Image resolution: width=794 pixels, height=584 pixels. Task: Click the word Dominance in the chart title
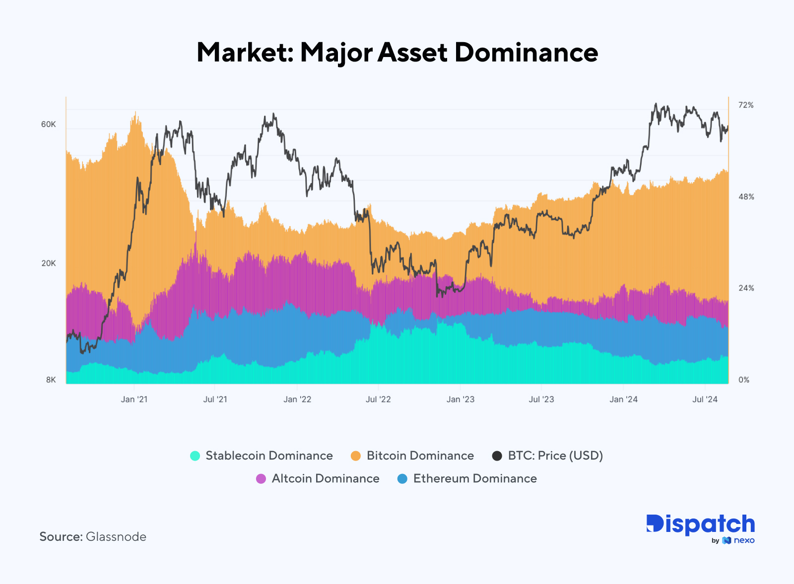526,53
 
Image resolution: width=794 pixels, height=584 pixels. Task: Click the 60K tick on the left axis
49,124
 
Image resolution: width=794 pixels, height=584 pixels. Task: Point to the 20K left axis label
49,263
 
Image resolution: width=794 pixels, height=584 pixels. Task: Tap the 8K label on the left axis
51,380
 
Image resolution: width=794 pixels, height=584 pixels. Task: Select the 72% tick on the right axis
746,105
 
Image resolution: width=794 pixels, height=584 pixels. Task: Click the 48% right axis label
746,197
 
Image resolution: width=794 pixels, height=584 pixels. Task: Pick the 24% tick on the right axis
746,288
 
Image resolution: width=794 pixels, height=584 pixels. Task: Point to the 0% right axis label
744,380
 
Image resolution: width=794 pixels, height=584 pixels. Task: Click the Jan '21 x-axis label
134,400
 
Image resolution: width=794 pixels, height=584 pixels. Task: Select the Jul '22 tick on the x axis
378,400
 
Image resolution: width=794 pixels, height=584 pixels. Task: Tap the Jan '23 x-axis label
461,400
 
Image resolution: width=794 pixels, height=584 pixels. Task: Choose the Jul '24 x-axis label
705,400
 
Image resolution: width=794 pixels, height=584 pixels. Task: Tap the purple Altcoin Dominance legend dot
261,479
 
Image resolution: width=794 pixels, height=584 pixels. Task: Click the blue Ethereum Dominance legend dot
402,479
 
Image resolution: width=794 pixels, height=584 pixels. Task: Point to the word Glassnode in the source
116,537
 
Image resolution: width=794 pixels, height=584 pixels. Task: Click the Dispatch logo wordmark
700,525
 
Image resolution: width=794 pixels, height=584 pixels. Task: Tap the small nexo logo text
744,540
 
